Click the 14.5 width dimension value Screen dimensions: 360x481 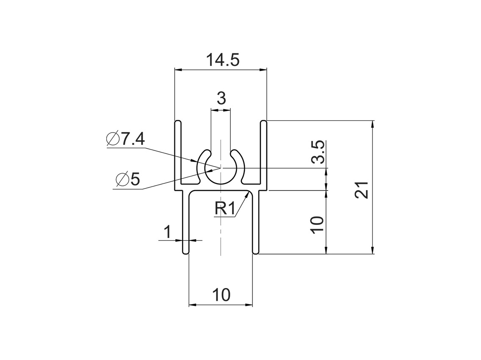[223, 60]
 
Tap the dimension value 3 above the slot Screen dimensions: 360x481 [221, 98]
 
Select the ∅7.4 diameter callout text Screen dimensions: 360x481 [126, 139]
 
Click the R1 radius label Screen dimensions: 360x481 [224, 208]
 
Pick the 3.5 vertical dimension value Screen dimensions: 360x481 [318, 152]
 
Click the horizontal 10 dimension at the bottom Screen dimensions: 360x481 [221, 295]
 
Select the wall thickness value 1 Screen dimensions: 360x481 [168, 232]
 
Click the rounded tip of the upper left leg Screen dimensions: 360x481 [178, 123]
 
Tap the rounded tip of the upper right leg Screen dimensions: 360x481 [263, 123]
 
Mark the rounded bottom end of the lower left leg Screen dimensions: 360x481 [185, 252]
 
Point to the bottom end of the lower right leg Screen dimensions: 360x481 [256, 252]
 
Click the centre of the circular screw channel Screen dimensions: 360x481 [221, 168]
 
